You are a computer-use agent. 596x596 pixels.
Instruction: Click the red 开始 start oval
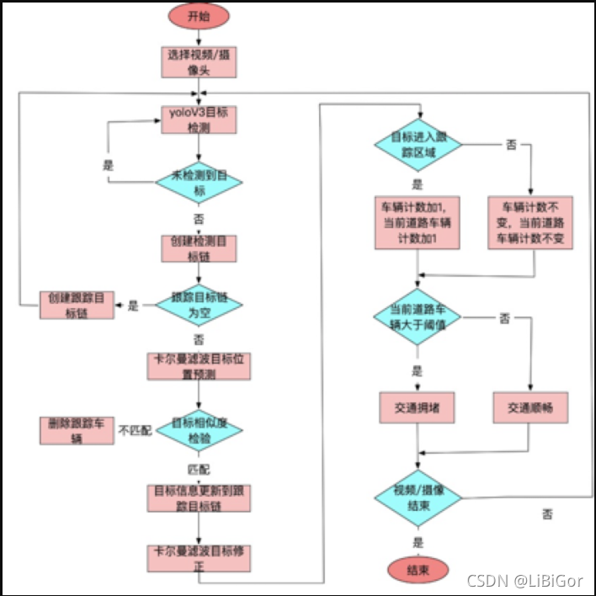199,16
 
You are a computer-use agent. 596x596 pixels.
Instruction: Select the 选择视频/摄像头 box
199,62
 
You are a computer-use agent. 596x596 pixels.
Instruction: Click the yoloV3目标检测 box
199,119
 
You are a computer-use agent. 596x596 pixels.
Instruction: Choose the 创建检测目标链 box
199,248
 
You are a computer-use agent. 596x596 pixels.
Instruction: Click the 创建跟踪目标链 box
77,304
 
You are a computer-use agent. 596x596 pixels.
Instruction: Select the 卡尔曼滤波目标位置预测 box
199,365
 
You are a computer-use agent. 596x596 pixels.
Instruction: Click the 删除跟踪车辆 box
77,430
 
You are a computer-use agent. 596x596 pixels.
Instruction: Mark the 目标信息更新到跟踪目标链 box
199,496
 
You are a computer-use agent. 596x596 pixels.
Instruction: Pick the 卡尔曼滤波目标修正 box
199,556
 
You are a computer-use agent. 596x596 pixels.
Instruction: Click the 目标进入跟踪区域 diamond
418,144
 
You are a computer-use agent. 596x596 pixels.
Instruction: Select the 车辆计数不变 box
530,223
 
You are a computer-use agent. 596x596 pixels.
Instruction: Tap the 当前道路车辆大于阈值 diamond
418,317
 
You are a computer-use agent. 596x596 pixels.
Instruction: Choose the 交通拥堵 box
418,407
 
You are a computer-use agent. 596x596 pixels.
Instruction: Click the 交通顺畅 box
530,407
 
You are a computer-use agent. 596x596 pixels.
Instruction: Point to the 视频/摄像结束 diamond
418,497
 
